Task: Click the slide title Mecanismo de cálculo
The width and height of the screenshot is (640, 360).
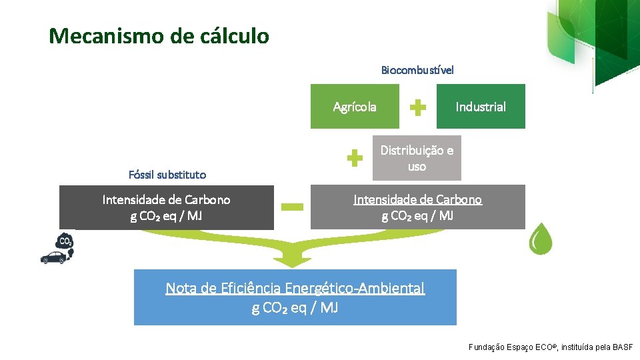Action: pos(159,35)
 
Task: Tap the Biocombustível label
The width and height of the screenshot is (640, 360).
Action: pos(417,70)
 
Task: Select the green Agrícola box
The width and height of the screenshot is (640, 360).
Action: pos(355,107)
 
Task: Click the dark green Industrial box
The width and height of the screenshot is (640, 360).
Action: pos(481,107)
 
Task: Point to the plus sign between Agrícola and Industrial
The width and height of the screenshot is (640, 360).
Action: pos(417,107)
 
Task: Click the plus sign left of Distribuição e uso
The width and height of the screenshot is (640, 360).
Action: pos(355,158)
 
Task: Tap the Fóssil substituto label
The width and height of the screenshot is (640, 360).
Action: pos(167,175)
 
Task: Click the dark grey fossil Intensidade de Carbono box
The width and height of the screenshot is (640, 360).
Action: pos(166,207)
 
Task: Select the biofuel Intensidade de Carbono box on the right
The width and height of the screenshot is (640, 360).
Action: pos(417,207)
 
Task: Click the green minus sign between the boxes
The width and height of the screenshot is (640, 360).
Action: pos(292,207)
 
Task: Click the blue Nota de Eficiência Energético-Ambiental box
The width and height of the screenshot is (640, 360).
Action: pos(295,297)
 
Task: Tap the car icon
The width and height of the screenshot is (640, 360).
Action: pos(54,258)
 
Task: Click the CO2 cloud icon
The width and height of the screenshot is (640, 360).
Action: pos(65,241)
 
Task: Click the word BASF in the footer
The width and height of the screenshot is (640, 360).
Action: pos(623,347)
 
